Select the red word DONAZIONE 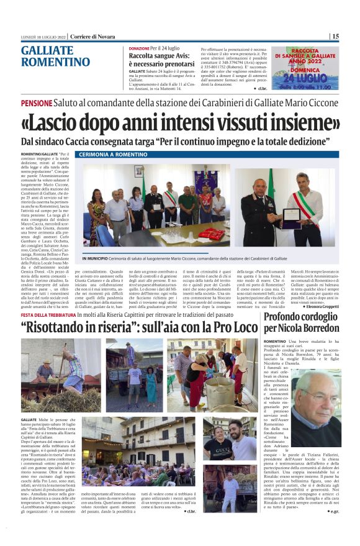click(x=139, y=48)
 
